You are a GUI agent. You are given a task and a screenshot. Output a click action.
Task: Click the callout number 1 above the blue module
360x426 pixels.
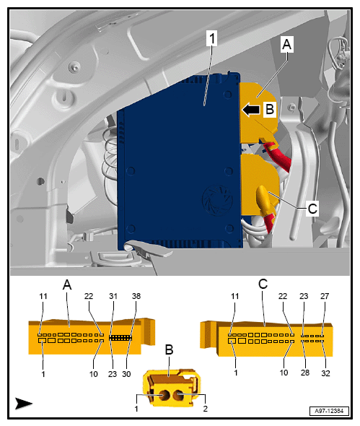pyautogui.click(x=212, y=38)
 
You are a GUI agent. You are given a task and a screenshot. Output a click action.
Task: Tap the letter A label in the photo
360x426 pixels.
pyautogui.click(x=286, y=44)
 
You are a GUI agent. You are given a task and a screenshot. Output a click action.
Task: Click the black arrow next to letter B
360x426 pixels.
pyautogui.click(x=250, y=110)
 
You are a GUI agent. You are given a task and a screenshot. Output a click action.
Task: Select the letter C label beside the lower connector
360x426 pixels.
pyautogui.click(x=312, y=209)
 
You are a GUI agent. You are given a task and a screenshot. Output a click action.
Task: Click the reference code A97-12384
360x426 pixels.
pyautogui.click(x=329, y=411)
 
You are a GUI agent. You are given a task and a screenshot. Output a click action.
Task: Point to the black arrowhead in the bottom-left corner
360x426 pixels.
pyautogui.click(x=23, y=403)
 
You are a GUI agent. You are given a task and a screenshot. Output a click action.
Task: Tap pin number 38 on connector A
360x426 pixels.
pyautogui.click(x=136, y=296)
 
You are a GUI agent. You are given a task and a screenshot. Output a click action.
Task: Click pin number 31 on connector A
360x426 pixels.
pyautogui.click(x=113, y=296)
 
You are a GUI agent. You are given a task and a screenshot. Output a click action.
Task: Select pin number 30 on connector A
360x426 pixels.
pyautogui.click(x=126, y=374)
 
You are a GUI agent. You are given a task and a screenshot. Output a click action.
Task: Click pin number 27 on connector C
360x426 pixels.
pyautogui.click(x=325, y=296)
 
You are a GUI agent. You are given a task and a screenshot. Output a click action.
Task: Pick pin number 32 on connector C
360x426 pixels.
pyautogui.click(x=325, y=373)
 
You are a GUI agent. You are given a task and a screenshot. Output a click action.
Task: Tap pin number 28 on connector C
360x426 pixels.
pyautogui.click(x=305, y=373)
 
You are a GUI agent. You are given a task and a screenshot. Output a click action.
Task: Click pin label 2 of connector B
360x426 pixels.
pyautogui.click(x=205, y=409)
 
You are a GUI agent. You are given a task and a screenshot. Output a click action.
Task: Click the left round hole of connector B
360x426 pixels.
pyautogui.click(x=164, y=396)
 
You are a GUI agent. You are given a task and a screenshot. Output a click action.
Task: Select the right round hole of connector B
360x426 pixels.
pyautogui.click(x=178, y=395)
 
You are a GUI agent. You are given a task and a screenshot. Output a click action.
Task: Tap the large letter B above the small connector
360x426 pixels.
pyautogui.click(x=169, y=349)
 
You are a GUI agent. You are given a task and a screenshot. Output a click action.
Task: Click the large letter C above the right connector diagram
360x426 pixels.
pyautogui.click(x=263, y=284)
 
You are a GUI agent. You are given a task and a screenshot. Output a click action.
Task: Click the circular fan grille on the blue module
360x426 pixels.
pyautogui.click(x=217, y=201)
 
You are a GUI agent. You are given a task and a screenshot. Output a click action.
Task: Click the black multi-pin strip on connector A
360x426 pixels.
pyautogui.click(x=120, y=338)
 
